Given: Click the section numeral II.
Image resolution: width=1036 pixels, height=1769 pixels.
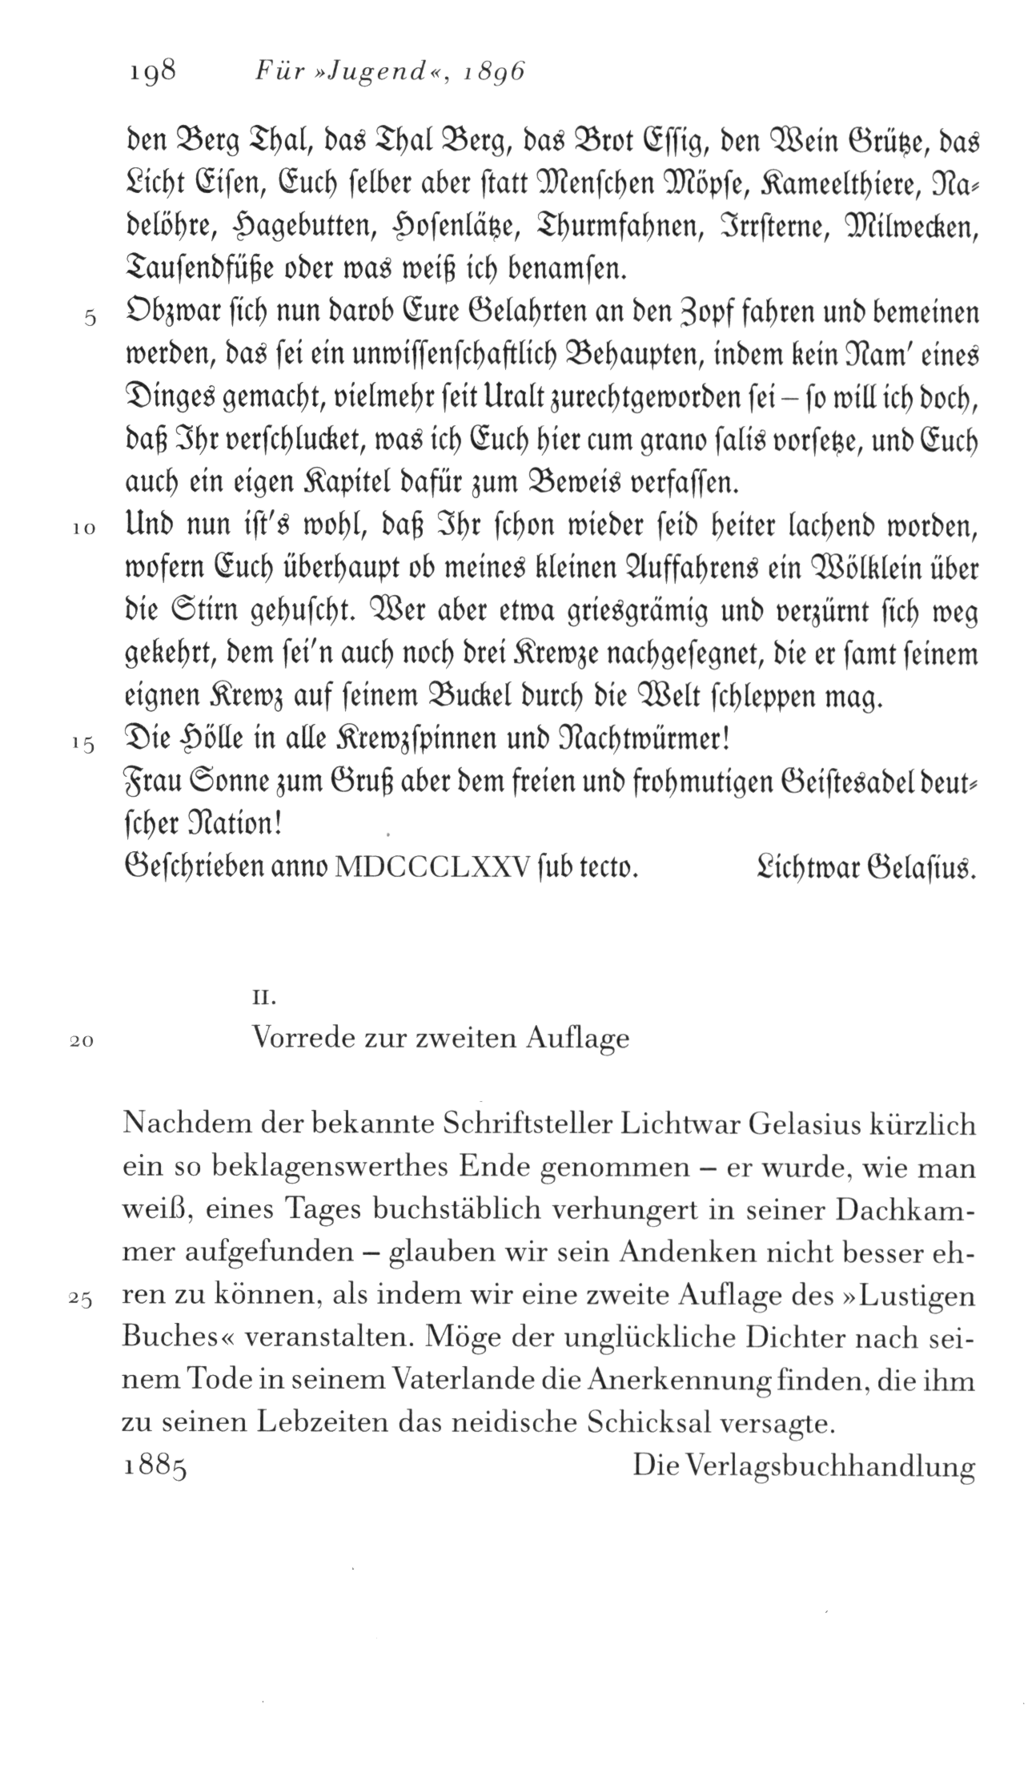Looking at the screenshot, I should pos(265,999).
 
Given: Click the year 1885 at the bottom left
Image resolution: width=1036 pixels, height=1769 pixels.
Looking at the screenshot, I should pos(155,1467).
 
